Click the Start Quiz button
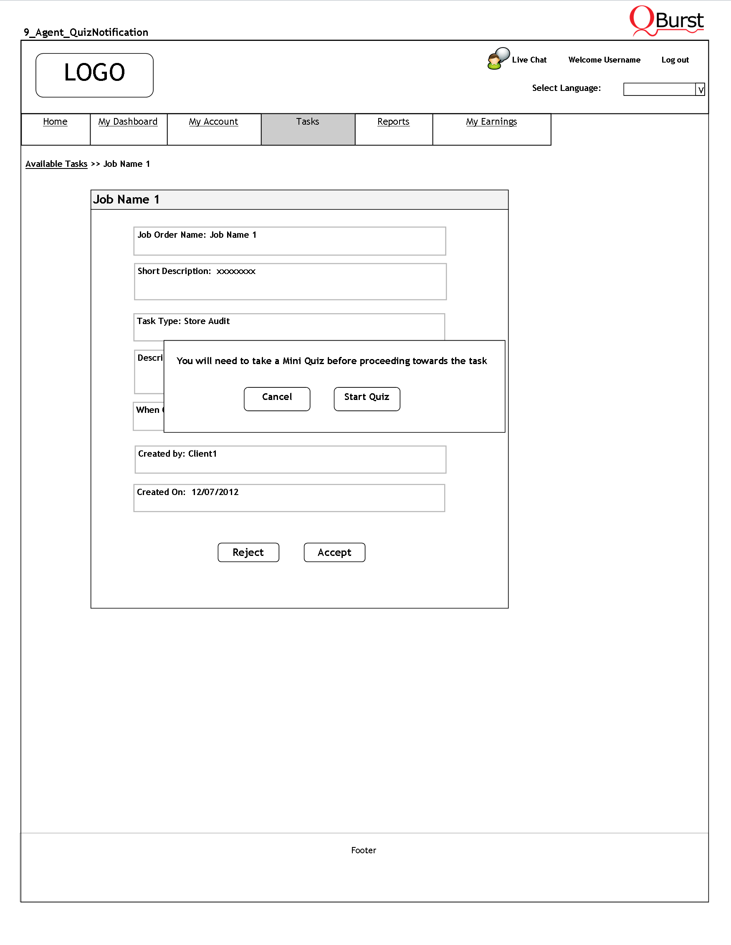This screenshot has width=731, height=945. pos(367,399)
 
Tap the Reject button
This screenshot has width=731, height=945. pos(248,552)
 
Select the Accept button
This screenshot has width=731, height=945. pos(334,552)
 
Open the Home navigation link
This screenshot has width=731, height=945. pos(55,122)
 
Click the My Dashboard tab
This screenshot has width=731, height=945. pos(128,122)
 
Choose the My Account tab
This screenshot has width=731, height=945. pos(213,122)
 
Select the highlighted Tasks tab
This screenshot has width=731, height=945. pos(307,122)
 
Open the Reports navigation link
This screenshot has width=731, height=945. pos(393,122)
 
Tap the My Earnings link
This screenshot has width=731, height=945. pos(491,122)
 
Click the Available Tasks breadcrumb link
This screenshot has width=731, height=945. pos(56,164)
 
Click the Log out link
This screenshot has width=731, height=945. pos(675,60)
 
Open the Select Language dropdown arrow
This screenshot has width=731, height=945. pos(700,90)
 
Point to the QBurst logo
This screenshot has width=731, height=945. pos(667,20)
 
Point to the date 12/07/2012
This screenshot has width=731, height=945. pos(215,492)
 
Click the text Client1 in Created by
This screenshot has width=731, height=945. pos(202,453)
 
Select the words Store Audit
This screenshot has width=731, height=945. pos(207,321)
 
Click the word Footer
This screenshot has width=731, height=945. pos(364,850)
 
